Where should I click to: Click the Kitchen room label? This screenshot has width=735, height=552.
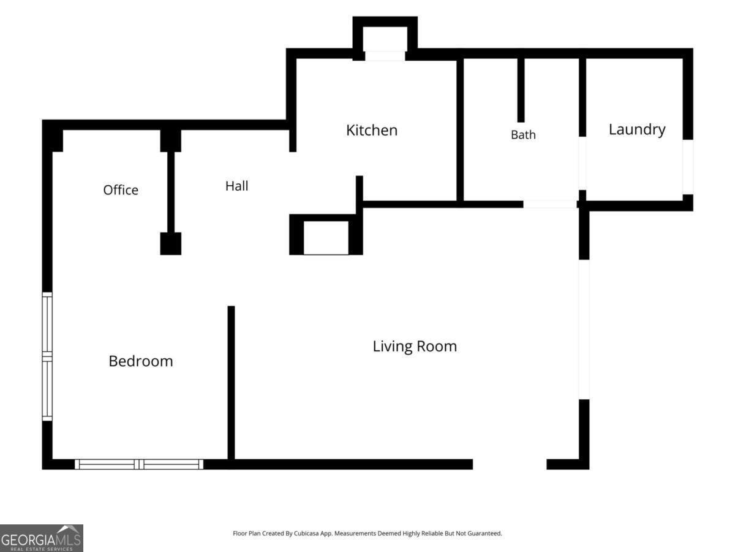pyautogui.click(x=372, y=130)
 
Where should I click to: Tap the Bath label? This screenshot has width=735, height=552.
pyautogui.click(x=523, y=135)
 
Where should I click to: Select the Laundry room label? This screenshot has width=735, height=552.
pyautogui.click(x=637, y=130)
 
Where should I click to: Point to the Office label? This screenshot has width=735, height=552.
pyautogui.click(x=121, y=190)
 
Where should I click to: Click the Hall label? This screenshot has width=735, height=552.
pyautogui.click(x=237, y=186)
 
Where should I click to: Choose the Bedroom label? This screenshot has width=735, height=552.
pyautogui.click(x=141, y=361)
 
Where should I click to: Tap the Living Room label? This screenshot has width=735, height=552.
pyautogui.click(x=415, y=347)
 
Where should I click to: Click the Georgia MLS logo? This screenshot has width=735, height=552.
pyautogui.click(x=42, y=538)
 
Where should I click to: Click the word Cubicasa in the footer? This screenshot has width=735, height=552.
pyautogui.click(x=306, y=533)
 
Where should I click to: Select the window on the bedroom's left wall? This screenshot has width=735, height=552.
pyautogui.click(x=47, y=356)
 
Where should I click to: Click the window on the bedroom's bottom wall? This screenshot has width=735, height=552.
pyautogui.click(x=139, y=464)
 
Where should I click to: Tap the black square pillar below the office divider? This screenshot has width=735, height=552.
pyautogui.click(x=171, y=243)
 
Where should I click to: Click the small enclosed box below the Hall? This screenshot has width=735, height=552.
pyautogui.click(x=326, y=234)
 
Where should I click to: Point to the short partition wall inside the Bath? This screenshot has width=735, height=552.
pyautogui.click(x=521, y=90)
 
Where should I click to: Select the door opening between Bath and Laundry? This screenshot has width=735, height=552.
pyautogui.click(x=582, y=163)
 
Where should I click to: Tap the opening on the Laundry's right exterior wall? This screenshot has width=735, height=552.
pyautogui.click(x=688, y=167)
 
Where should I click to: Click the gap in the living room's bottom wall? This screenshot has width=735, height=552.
pyautogui.click(x=510, y=464)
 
